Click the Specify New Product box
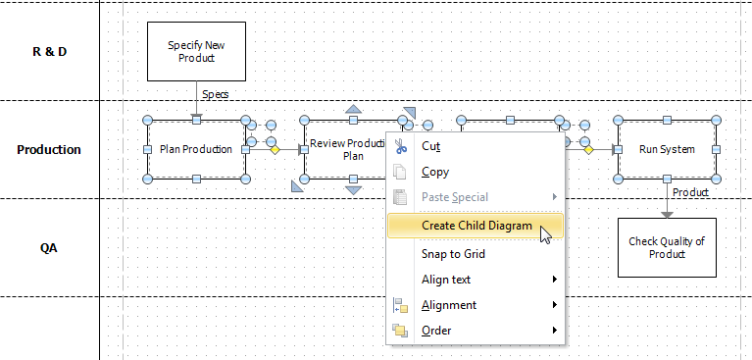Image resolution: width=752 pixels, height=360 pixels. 196,51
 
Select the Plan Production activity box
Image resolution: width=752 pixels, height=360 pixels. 196,149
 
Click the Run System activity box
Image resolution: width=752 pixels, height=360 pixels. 667,149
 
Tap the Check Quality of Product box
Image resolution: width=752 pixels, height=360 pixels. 667,247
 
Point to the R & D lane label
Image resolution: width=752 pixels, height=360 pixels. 49,51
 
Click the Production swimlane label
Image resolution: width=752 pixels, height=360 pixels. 49,150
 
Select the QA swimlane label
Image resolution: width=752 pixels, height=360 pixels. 49,248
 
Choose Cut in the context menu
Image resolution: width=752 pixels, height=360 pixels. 430,146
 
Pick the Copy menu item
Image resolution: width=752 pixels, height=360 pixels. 435,172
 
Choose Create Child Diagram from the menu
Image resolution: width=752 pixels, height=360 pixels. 476,226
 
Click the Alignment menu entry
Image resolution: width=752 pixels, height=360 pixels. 449,305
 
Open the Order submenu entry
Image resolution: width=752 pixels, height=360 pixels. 436,331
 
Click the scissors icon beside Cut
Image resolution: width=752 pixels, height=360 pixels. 400,146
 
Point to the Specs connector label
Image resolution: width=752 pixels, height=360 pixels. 216,95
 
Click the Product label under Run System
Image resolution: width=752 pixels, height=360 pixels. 690,193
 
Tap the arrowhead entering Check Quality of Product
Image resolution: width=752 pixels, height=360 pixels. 667,214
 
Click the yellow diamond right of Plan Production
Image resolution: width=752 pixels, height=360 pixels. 276,150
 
